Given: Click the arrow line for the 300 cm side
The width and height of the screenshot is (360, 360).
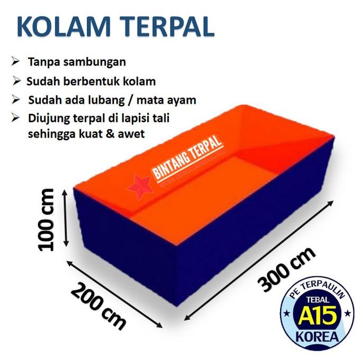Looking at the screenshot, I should [259, 260].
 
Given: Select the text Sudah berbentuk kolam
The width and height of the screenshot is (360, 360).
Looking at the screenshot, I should [91, 82].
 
